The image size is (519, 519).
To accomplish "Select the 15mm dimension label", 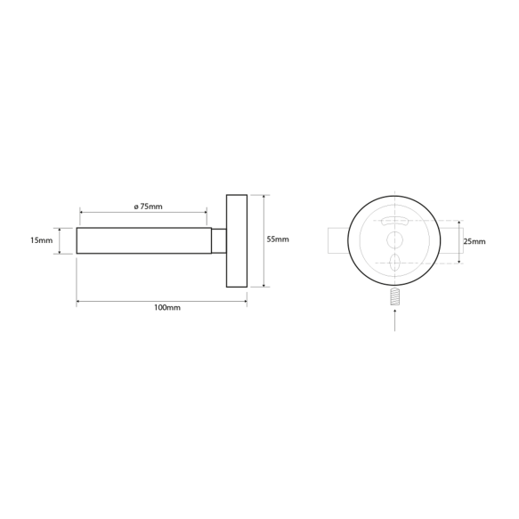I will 41,240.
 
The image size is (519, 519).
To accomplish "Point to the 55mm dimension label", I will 278,240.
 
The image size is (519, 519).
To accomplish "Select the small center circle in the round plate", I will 393,239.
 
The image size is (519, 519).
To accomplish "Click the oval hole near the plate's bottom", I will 393,263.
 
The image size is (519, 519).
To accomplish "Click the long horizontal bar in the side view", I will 142,241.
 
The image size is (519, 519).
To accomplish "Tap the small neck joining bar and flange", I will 218,241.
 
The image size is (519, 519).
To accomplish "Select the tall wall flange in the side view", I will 237,240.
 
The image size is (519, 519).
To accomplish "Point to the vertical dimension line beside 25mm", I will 460,240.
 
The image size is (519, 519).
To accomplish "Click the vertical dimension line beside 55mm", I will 264,240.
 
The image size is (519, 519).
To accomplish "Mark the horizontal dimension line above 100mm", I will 162,302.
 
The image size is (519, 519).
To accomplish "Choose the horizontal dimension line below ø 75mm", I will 142,213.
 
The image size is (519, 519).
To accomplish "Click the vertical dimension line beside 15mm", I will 61,241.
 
